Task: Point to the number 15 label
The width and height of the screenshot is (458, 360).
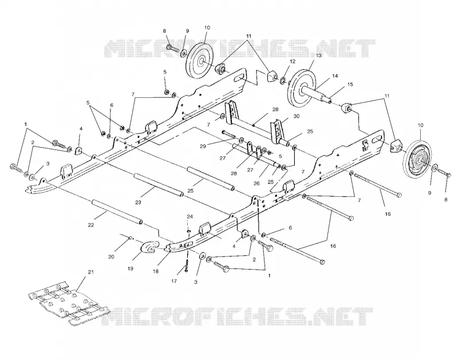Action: (350, 84)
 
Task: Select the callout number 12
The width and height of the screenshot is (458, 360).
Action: (293, 62)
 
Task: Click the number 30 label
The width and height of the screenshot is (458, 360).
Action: (297, 116)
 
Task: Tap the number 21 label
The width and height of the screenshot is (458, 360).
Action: (91, 272)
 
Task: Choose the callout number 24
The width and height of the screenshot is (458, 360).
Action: (190, 217)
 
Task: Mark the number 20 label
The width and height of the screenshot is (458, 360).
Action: (111, 257)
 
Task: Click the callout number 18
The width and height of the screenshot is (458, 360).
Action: (155, 271)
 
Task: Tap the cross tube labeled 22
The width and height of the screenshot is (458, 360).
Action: (117, 212)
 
